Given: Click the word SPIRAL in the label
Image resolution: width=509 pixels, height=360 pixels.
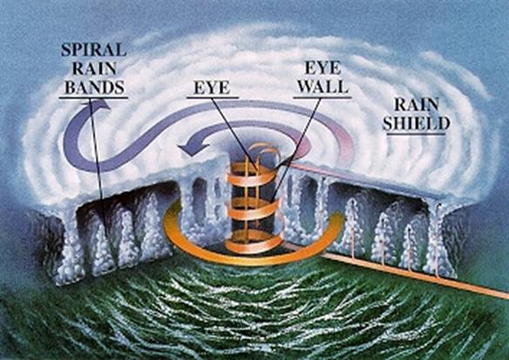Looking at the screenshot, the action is click(x=93, y=50).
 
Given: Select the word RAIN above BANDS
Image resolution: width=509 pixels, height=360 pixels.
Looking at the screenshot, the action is click(x=94, y=69).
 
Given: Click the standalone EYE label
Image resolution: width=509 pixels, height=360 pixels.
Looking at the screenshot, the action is click(x=212, y=87).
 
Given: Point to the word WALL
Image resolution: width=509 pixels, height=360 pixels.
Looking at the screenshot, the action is click(x=323, y=86).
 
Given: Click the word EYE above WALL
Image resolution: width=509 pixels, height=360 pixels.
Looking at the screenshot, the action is click(x=323, y=68).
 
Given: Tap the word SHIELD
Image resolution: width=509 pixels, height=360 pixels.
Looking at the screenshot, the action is click(x=416, y=124).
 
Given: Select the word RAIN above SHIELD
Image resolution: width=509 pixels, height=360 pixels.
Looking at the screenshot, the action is click(x=417, y=105).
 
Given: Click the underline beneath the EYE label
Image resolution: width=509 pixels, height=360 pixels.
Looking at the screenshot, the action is click(x=213, y=97).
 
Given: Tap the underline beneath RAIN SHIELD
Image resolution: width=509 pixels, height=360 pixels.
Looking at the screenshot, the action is click(x=415, y=133).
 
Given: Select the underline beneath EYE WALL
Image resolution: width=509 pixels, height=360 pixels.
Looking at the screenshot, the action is click(x=322, y=97).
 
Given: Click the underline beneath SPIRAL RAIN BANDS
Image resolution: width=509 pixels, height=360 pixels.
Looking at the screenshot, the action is click(x=93, y=97).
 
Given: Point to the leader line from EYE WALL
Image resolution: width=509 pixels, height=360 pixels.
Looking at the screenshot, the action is click(x=295, y=150).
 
